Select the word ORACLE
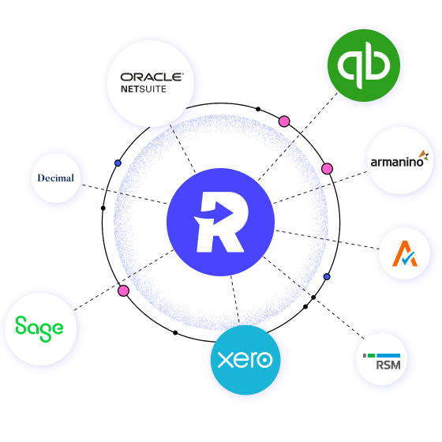(152, 77)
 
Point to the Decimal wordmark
(55, 178)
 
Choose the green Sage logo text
(39, 326)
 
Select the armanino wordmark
(397, 163)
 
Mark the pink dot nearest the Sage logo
(123, 290)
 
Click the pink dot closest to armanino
(327, 169)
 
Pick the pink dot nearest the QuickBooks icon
(284, 122)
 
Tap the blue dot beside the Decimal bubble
(118, 163)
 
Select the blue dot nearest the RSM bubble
(327, 277)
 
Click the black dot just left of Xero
(175, 334)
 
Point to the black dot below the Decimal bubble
(103, 208)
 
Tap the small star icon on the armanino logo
(425, 154)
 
